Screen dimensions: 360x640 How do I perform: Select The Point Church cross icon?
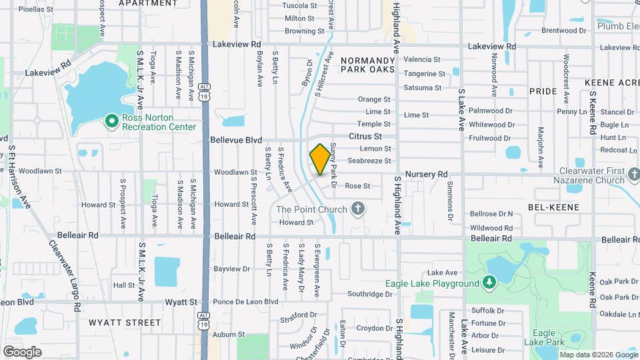coord(358,209)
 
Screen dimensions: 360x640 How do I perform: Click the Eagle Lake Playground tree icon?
coord(490,283)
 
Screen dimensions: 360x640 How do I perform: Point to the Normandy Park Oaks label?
coord(369,65)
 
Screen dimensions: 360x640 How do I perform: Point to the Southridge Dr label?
coord(370,293)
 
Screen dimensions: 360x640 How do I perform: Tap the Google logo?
coord(22,351)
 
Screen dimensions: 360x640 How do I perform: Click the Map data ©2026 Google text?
coord(597,355)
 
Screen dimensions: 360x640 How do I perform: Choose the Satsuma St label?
coord(423,87)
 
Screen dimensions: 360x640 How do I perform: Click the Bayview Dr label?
coord(232,269)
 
